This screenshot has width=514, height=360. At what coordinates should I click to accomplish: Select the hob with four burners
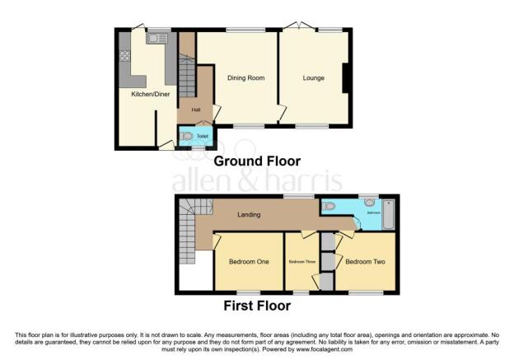pyautogui.click(x=125, y=57)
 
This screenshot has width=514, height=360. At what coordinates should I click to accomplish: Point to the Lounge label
pyautogui.click(x=313, y=78)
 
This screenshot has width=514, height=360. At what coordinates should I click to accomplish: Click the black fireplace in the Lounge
pyautogui.click(x=346, y=79)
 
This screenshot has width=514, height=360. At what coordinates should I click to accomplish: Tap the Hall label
pyautogui.click(x=196, y=110)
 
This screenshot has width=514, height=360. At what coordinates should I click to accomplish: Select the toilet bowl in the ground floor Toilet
pyautogui.click(x=186, y=136)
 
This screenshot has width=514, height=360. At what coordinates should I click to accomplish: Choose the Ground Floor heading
pyautogui.click(x=257, y=161)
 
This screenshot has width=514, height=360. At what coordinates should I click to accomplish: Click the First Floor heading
pyautogui.click(x=257, y=306)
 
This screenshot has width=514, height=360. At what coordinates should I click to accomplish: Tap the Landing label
pyautogui.click(x=249, y=215)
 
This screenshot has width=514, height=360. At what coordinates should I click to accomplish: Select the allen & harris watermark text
pyautogui.click(x=256, y=182)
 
